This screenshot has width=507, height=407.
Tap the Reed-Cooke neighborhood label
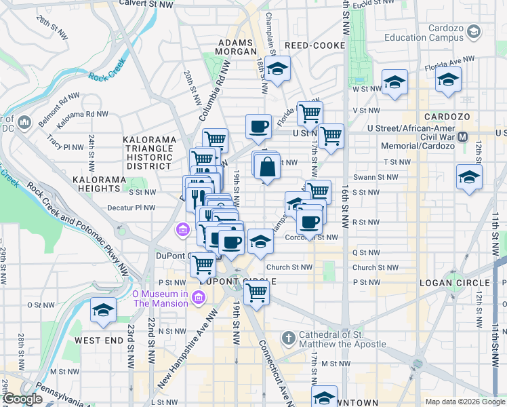click(x=315, y=45)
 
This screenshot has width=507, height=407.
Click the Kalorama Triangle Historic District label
click(x=149, y=153)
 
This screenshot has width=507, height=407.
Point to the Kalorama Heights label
click(x=99, y=180)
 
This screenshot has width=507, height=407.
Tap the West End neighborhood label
click(x=98, y=340)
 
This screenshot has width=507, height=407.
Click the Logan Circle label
click(x=454, y=283)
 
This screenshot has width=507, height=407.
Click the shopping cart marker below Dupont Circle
click(x=256, y=293)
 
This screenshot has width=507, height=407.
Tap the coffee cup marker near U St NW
click(x=258, y=126)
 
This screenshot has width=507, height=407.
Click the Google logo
click(x=22, y=400)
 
